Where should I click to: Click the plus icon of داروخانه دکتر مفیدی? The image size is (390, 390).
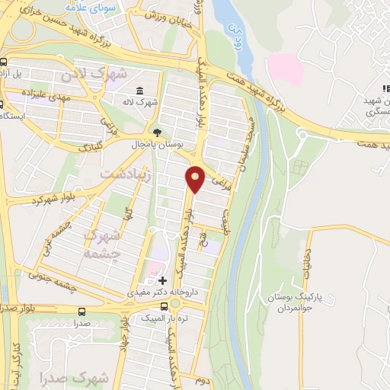161,280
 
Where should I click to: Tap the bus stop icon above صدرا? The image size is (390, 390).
82,311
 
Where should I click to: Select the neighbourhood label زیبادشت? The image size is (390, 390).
126,175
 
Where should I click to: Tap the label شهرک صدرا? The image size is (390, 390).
83,378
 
